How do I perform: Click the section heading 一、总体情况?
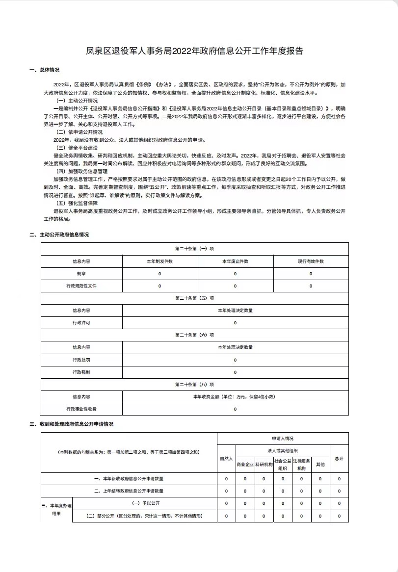(x=45, y=70)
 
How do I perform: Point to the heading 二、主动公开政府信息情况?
(x=59, y=235)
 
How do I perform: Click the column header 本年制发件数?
(x=159, y=261)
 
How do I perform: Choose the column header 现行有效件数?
(x=311, y=261)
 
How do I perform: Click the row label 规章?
(x=81, y=274)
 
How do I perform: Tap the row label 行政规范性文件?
(x=81, y=286)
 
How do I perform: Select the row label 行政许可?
(x=81, y=323)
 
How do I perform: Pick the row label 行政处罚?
(x=81, y=360)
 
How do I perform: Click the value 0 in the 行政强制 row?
(x=235, y=372)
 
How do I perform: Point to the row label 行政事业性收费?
(x=81, y=409)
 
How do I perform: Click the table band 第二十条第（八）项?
(x=194, y=385)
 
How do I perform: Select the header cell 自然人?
(x=226, y=458)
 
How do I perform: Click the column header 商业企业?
(x=245, y=464)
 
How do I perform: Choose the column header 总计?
(x=339, y=458)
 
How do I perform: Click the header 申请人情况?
(x=282, y=438)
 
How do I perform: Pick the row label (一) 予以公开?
(x=144, y=503)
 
